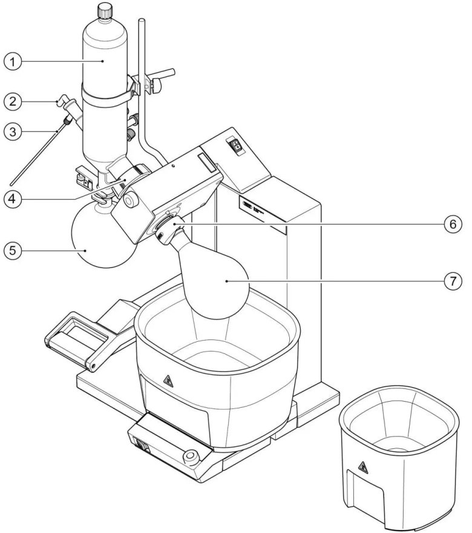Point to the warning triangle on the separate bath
[363, 466]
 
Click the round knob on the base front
[192, 455]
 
